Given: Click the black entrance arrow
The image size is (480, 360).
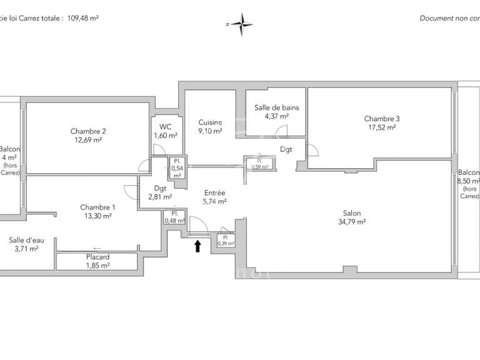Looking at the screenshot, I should [198, 246].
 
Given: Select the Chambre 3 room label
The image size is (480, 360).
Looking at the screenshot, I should [381, 122].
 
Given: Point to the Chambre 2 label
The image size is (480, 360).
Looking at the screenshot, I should [87, 136].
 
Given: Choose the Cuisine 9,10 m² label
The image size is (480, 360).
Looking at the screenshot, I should [210, 127].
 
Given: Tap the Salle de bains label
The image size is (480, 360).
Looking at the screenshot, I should [276, 111].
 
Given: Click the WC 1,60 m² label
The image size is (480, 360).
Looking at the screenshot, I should [165, 131].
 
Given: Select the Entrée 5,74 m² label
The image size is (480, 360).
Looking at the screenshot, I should [213, 197].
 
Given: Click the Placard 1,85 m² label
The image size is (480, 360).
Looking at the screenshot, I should [97, 261].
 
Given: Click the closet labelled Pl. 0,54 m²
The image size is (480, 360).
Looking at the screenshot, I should [177, 168].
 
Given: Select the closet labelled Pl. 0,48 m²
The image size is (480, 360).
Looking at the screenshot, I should [174, 217].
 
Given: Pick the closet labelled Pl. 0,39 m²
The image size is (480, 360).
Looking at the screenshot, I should [225, 241].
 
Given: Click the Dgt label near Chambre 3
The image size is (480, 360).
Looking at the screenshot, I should [286, 149].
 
